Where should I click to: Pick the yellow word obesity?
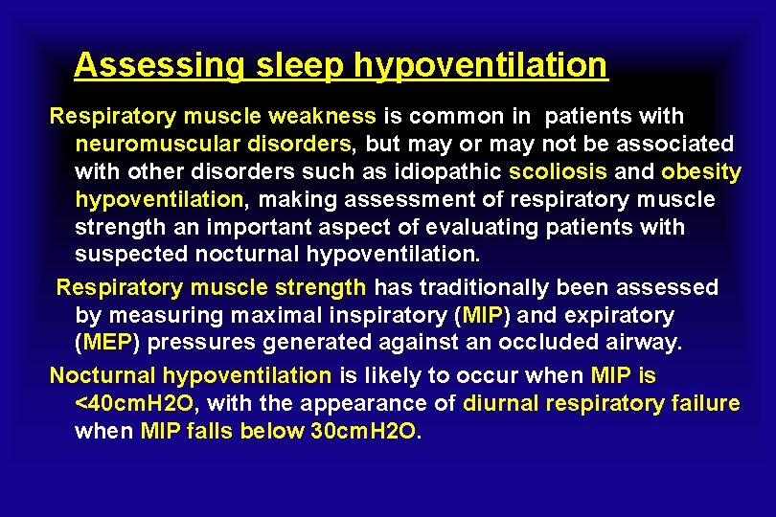[701, 172]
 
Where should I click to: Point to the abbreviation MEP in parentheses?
[105, 343]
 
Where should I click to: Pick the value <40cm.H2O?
[133, 403]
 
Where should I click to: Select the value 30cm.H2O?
[364, 431]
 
